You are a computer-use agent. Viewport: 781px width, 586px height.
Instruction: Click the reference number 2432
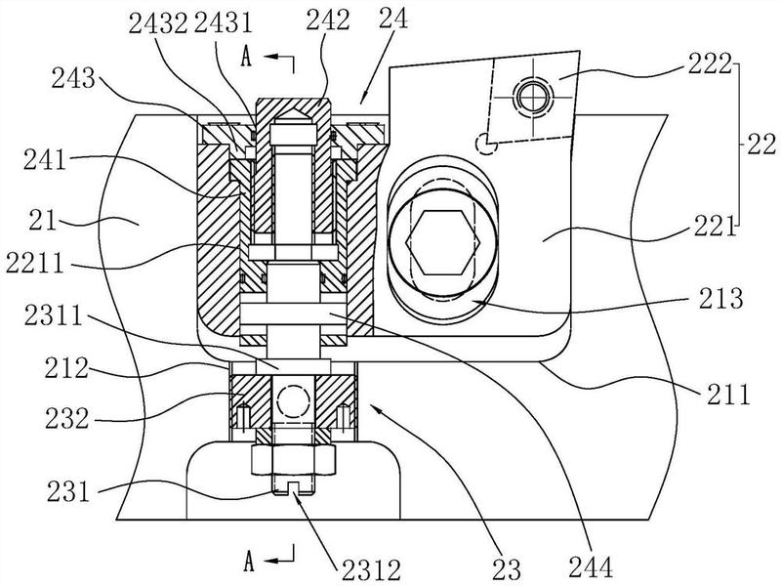[x=157, y=23]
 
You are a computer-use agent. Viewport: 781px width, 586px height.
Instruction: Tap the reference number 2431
[x=223, y=23]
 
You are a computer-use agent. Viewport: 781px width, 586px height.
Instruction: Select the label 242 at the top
[x=328, y=20]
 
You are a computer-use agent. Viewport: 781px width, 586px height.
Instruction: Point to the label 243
[x=73, y=78]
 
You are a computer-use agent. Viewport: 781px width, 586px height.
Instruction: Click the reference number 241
[x=45, y=160]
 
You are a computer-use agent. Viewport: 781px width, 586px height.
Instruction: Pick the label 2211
[x=35, y=262]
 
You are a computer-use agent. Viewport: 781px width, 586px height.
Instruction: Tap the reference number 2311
[x=54, y=315]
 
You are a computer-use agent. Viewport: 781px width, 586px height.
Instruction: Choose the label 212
[x=66, y=369]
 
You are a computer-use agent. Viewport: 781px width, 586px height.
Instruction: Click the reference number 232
[x=66, y=419]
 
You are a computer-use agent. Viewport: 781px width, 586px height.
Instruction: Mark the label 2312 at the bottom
[x=371, y=569]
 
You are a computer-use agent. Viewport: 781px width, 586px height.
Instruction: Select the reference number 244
[x=591, y=567]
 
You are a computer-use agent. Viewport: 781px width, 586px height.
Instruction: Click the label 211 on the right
[x=726, y=395]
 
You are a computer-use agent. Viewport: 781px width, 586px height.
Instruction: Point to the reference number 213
[x=720, y=299]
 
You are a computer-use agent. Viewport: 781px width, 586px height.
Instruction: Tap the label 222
[x=710, y=63]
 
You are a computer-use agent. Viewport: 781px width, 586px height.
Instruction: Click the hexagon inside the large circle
[x=443, y=242]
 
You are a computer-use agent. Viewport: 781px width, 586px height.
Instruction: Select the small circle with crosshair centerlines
[x=533, y=95]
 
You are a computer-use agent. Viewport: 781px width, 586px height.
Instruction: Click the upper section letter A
[x=246, y=58]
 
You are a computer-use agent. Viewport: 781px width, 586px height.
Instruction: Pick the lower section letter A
[x=249, y=562]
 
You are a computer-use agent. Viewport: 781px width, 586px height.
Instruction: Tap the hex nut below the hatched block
[x=294, y=459]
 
